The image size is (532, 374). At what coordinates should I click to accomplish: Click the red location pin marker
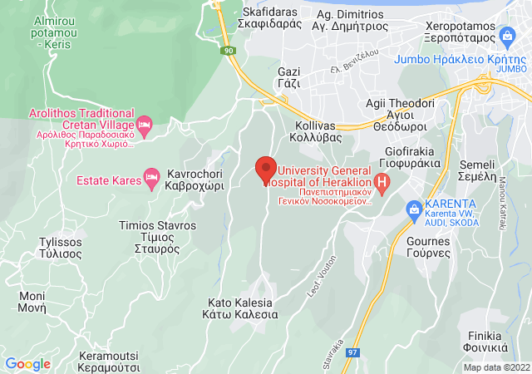tap(265, 170)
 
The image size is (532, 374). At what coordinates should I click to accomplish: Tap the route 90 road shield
tap(228, 52)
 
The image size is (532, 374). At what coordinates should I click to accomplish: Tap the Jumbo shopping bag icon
tap(507, 36)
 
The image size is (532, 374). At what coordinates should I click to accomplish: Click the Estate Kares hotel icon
tap(151, 176)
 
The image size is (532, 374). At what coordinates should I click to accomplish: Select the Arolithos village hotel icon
tap(144, 125)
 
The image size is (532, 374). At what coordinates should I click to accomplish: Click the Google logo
tap(28, 363)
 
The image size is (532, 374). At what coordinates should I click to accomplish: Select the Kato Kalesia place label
tap(239, 309)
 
